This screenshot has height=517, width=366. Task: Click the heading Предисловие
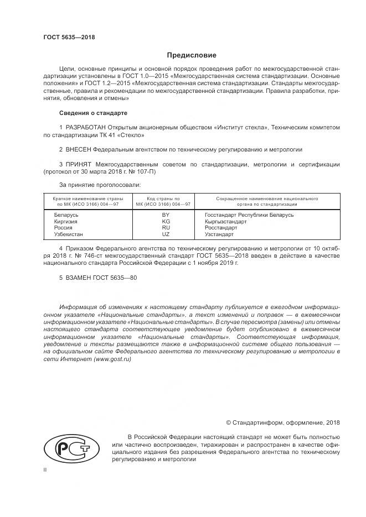point(192,55)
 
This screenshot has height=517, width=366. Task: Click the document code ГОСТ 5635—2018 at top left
point(69,38)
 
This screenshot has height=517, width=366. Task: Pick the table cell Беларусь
point(66,214)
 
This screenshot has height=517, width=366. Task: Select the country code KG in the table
point(166,221)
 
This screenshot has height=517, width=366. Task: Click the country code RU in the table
point(166,227)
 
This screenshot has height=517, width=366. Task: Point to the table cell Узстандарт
point(219,234)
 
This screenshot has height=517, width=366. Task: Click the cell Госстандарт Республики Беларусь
point(249,214)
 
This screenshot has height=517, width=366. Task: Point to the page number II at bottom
point(45,469)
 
